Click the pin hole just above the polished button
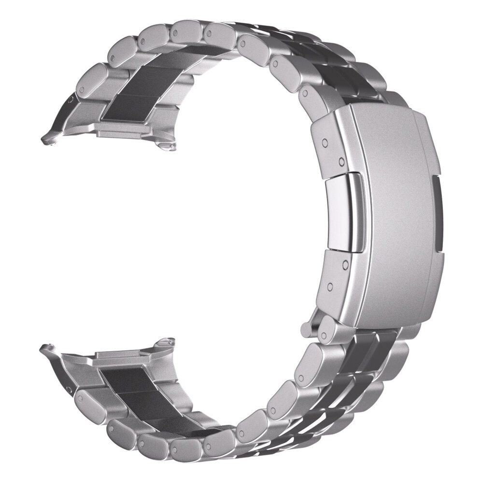click(341, 160)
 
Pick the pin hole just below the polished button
click(345, 265)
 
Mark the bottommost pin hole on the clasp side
click(330, 287)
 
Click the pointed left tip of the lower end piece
click(45, 346)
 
